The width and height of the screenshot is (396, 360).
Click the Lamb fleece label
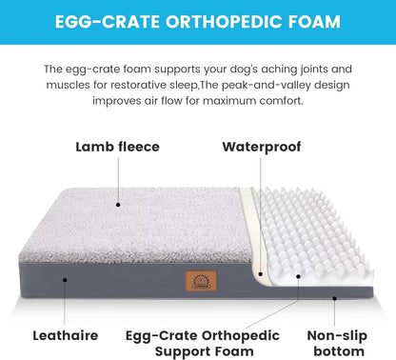point(117,148)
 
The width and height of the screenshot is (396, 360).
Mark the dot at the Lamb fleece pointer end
point(117,203)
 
